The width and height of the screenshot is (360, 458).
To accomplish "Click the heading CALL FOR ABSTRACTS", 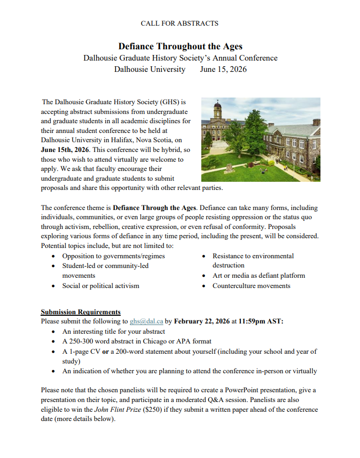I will click(x=180, y=23).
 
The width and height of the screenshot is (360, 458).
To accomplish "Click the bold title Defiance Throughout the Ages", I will click(x=180, y=46).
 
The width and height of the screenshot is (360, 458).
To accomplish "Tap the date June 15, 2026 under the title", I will click(x=223, y=69).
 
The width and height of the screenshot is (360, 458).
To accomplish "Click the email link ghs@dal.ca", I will click(x=147, y=322).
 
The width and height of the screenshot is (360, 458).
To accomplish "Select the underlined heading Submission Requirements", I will click(x=81, y=312).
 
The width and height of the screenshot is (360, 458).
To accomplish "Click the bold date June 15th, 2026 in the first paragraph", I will click(x=65, y=149).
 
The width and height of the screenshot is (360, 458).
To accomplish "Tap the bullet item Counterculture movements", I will click(x=251, y=285).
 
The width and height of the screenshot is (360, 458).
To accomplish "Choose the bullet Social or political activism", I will click(x=101, y=285).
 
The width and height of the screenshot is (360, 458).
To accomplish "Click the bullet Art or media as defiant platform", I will click(x=259, y=275).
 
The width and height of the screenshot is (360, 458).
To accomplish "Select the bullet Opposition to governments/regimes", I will click(x=113, y=256).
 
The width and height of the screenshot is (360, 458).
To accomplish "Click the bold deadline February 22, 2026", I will click(x=202, y=322).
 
